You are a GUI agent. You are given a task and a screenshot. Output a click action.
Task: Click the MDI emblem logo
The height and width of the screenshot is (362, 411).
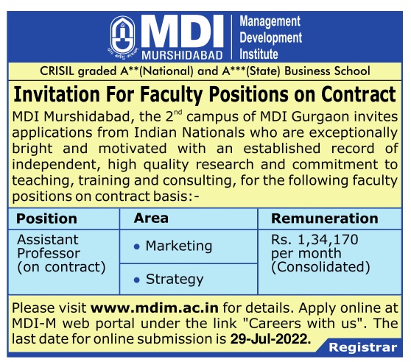(x=123, y=37)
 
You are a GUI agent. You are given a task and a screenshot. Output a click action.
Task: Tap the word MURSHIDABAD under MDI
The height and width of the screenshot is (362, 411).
(x=182, y=55)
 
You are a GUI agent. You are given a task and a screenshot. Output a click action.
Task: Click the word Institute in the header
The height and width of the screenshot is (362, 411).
(x=259, y=54)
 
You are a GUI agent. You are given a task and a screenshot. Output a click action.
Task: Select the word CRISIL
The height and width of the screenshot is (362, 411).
(x=57, y=71)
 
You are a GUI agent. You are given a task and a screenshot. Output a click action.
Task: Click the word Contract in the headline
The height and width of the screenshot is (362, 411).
(x=359, y=94)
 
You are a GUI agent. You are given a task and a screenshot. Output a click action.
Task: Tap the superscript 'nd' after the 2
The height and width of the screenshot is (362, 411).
(x=178, y=113)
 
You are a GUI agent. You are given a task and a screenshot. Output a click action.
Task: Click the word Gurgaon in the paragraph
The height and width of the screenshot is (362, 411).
(x=320, y=117)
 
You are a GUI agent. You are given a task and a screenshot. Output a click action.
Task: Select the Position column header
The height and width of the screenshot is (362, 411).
(x=46, y=219)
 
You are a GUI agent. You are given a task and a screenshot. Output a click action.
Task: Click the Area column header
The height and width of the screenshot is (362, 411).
(x=151, y=218)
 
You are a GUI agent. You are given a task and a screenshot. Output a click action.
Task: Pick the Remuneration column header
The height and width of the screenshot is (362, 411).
(x=325, y=219)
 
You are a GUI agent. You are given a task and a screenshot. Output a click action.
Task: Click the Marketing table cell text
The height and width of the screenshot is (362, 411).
(x=179, y=246)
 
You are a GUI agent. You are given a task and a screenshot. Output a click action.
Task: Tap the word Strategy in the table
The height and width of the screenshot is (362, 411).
(x=175, y=280)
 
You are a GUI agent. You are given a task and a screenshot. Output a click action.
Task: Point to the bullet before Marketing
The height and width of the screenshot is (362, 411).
(x=136, y=246)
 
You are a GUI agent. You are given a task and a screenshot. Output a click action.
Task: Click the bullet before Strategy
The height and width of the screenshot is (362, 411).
(x=136, y=280)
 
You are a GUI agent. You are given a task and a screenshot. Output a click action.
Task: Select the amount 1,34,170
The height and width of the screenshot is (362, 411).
(x=329, y=240)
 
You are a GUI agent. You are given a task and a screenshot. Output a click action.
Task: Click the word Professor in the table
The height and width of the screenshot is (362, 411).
(x=49, y=253)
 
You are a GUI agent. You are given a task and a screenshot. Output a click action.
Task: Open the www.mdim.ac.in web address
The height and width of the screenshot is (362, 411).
(x=155, y=308)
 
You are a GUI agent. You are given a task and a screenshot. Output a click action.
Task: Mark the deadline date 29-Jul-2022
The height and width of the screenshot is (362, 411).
(x=270, y=339)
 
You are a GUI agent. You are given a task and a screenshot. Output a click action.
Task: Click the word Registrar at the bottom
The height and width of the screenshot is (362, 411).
(x=363, y=347)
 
